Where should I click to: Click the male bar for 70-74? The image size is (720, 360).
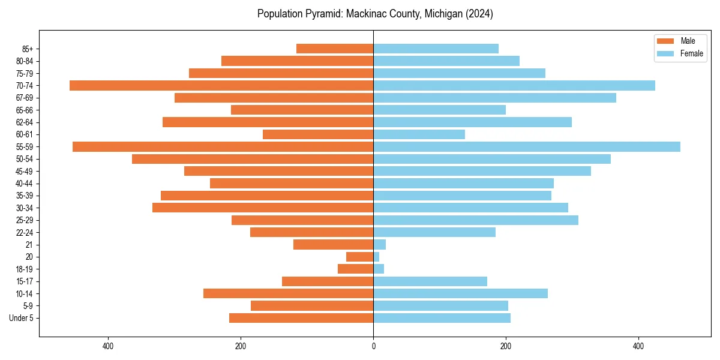point(221,86)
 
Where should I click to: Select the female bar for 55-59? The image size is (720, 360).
point(527,147)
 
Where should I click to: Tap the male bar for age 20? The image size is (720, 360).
point(360,257)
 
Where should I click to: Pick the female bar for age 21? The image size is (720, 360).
point(380,245)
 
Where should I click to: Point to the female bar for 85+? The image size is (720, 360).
point(436,49)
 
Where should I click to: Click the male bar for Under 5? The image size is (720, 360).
point(301,318)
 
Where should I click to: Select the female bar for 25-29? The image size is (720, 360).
point(476,220)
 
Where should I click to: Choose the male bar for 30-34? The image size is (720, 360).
point(263,208)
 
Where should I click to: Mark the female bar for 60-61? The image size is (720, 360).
point(419,134)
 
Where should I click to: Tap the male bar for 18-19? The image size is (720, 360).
point(356,269)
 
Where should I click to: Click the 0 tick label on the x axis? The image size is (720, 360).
point(373,346)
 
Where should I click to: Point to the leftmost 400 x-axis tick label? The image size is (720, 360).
point(108,346)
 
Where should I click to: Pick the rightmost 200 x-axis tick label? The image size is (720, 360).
point(506,346)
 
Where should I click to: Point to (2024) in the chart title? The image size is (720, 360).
point(479,14)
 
